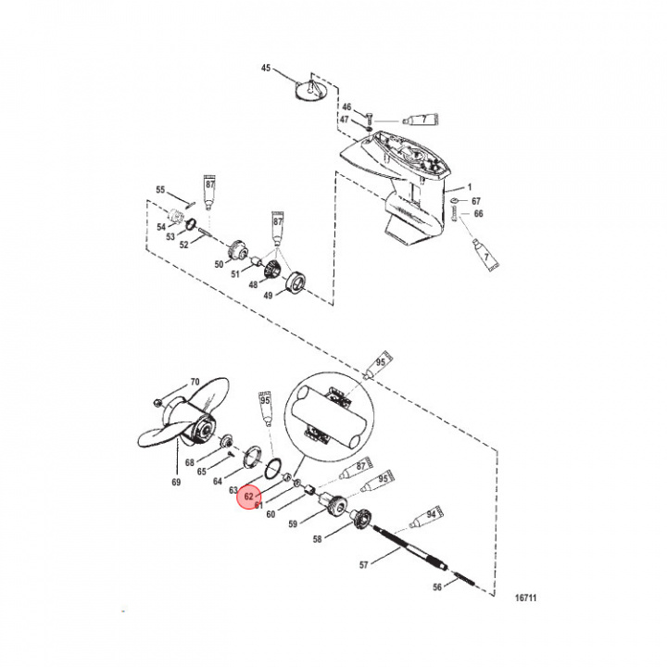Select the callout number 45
point(266,69)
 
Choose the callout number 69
point(177,483)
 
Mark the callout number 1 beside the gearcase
point(469,188)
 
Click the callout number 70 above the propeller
point(195,382)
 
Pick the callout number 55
point(160,190)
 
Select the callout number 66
point(478,214)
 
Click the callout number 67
point(476,201)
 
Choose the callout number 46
point(347,108)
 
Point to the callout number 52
point(183,245)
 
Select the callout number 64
point(219,481)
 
